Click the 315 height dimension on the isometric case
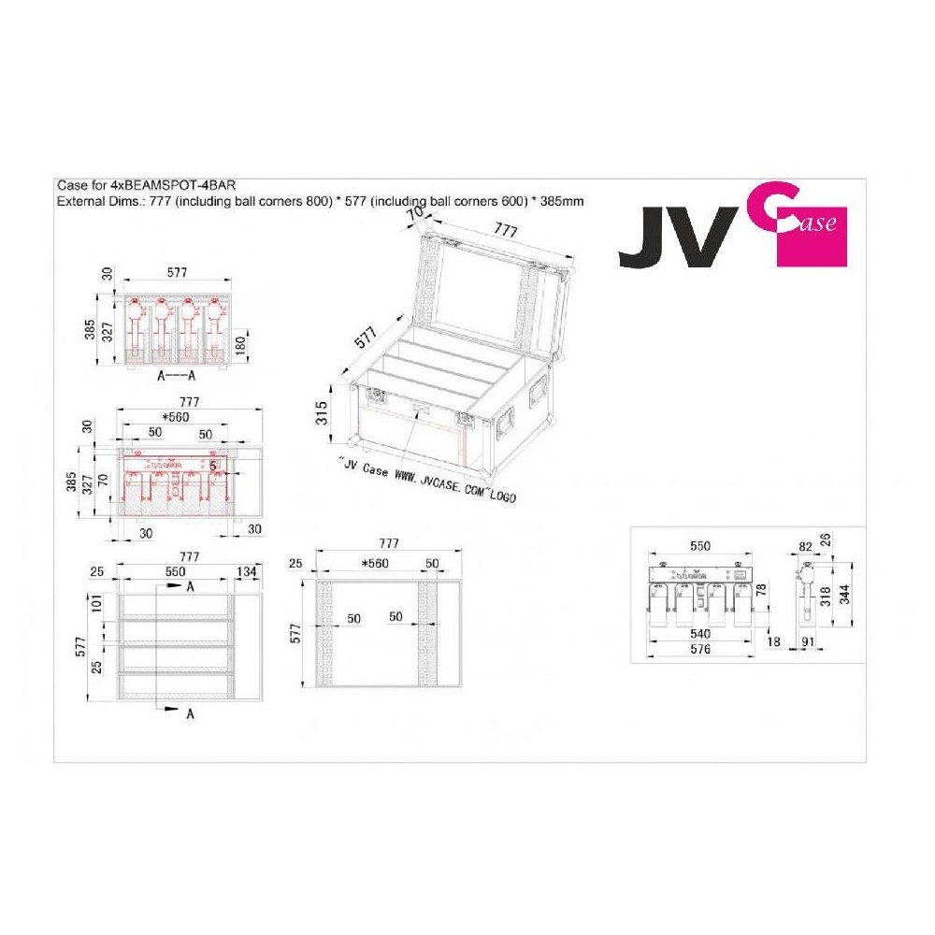(322, 412)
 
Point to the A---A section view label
(176, 376)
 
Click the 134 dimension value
(247, 571)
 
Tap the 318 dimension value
(826, 596)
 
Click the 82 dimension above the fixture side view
(806, 547)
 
